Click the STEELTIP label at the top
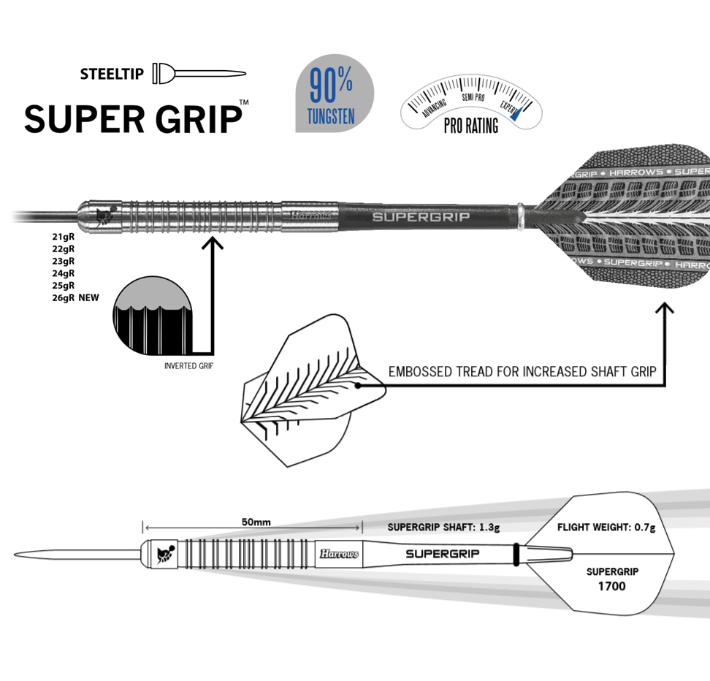pyautogui.click(x=113, y=74)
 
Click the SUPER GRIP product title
pyautogui.click(x=133, y=118)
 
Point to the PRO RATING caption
pyautogui.click(x=471, y=126)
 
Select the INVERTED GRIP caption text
pyautogui.click(x=188, y=366)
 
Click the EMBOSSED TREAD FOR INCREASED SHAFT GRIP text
pyautogui.click(x=522, y=372)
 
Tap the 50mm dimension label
pyautogui.click(x=256, y=522)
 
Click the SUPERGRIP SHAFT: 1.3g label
pyautogui.click(x=443, y=527)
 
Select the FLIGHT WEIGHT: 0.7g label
pyautogui.click(x=606, y=527)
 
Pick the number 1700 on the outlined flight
pyautogui.click(x=611, y=586)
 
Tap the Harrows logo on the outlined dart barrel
pyautogui.click(x=339, y=554)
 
